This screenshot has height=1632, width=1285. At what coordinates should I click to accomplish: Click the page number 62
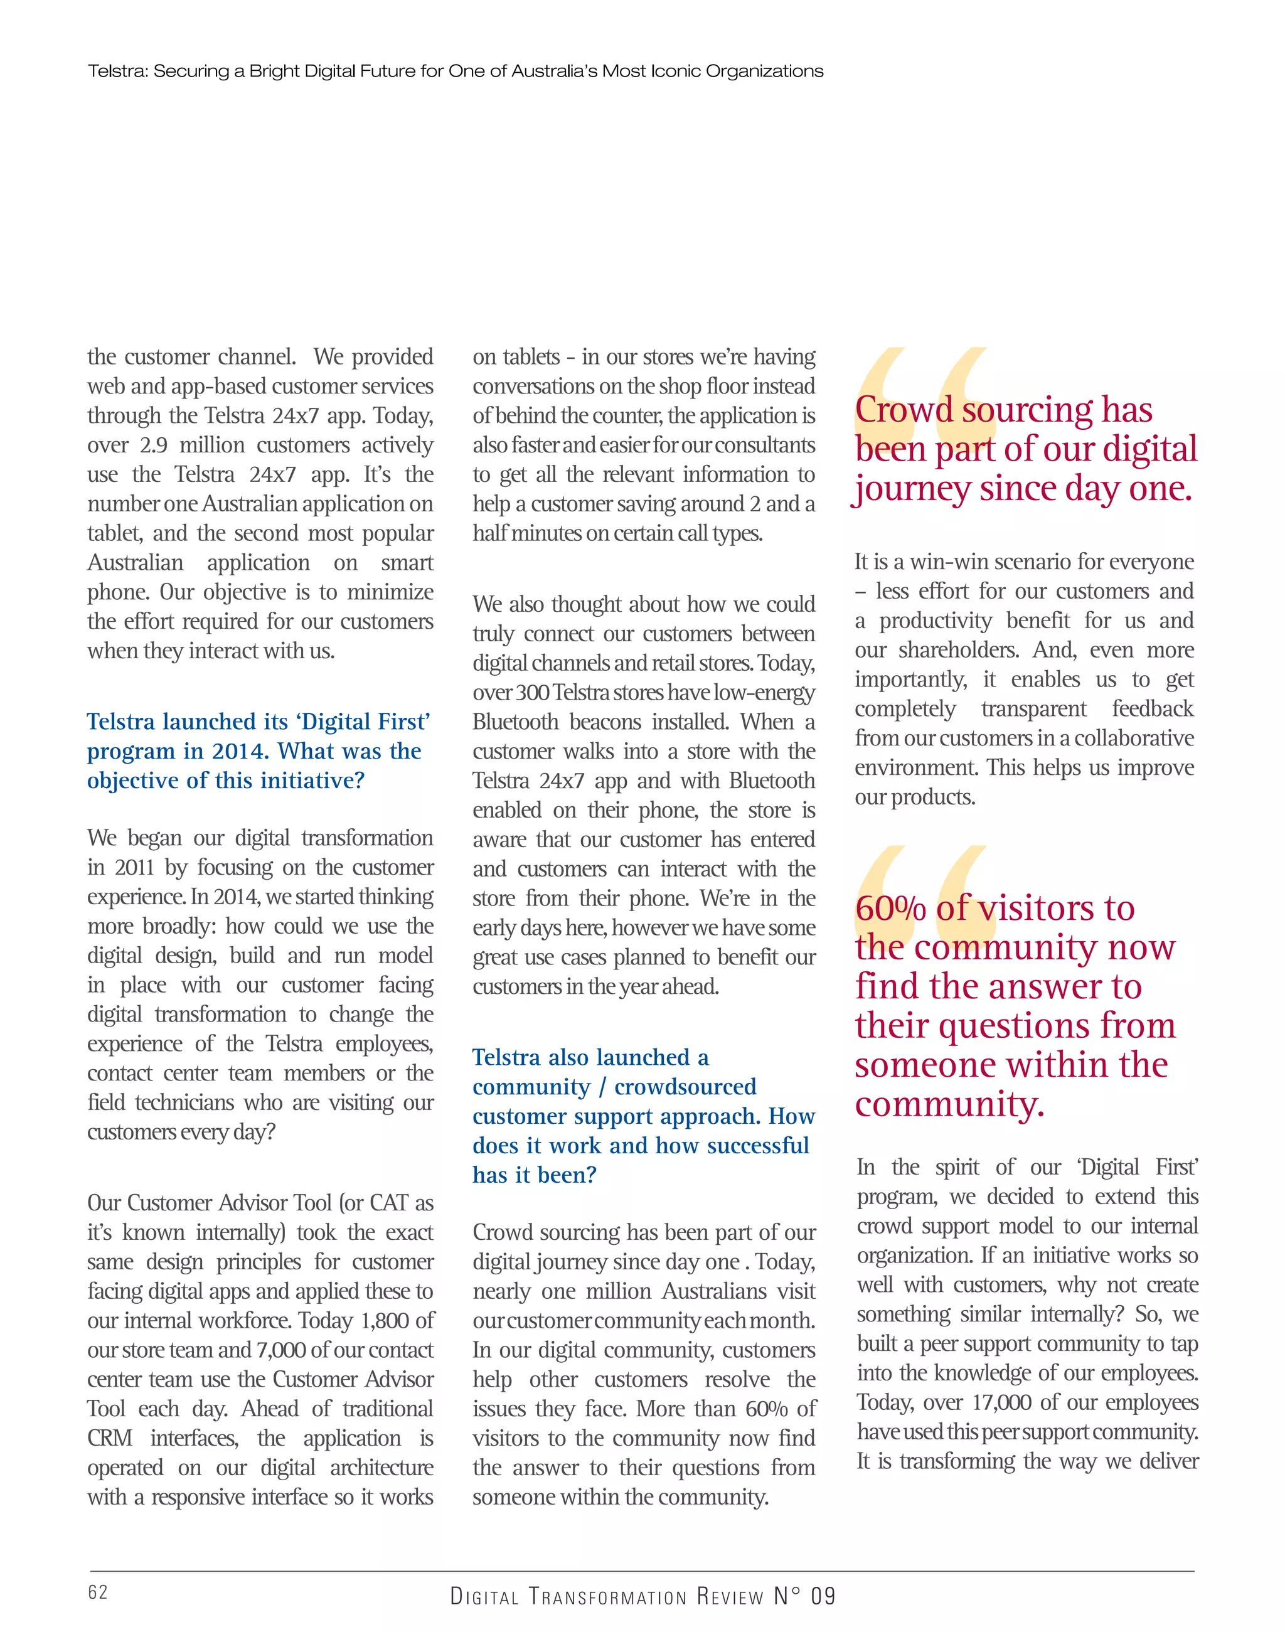coord(98,1591)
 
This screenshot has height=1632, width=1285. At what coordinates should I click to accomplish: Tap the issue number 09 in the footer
coord(823,1596)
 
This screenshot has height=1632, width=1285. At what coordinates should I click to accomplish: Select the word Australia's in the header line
coord(554,72)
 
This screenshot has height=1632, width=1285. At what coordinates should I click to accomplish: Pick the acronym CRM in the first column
coord(110,1438)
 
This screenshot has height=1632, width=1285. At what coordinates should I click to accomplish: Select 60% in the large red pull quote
coord(890,909)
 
